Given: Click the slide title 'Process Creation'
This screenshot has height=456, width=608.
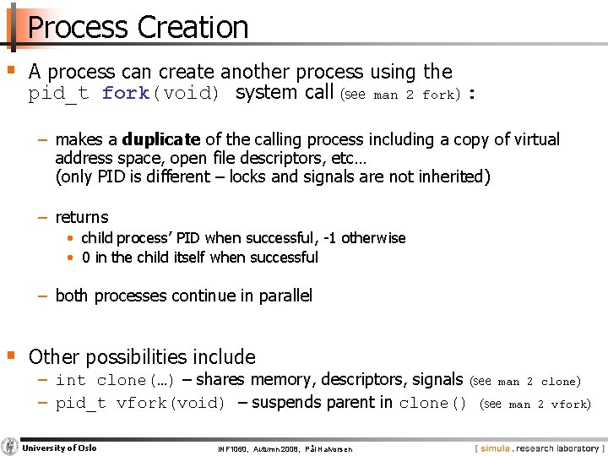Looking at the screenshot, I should (x=138, y=27).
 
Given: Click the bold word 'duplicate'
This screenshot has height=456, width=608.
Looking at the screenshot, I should (x=161, y=139).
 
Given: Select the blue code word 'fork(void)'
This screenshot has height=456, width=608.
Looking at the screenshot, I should (x=161, y=94).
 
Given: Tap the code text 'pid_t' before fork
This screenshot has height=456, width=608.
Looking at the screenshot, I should (x=58, y=94).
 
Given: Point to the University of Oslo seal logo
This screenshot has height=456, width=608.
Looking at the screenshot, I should (x=10, y=447).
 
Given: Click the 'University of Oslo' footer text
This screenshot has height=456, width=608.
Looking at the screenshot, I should (x=59, y=448).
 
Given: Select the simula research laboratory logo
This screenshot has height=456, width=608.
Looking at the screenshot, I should (x=539, y=447).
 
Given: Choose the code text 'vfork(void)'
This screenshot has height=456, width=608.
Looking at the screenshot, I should (x=170, y=404).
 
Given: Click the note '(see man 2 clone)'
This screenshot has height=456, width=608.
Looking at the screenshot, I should (x=525, y=382).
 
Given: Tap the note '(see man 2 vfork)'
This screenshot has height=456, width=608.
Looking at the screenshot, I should (x=535, y=404).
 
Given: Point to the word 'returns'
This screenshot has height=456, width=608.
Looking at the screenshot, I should (x=82, y=217).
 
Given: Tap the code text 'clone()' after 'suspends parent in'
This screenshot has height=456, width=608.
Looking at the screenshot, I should (x=433, y=404).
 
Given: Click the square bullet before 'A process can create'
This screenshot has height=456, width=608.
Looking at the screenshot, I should (x=10, y=70).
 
